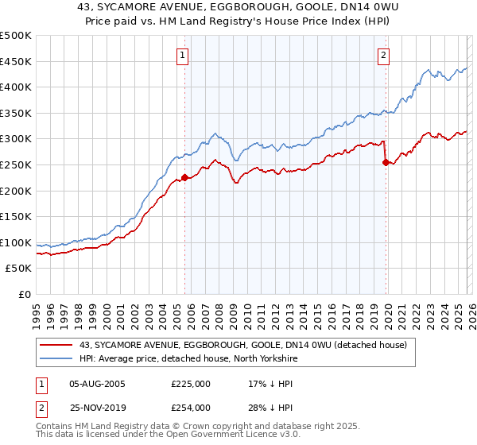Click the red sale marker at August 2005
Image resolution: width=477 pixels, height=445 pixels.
184,177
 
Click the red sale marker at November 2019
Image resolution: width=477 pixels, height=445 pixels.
386,162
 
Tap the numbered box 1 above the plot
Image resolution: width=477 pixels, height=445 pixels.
184,55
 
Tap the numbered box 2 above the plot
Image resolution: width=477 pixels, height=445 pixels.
384,55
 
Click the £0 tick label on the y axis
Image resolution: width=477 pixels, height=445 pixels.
25,294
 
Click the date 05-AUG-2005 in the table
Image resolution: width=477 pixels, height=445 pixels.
97,383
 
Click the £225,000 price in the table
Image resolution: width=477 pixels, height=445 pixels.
190,383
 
